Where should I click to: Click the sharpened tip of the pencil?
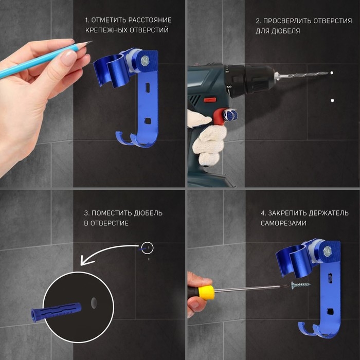(92, 41)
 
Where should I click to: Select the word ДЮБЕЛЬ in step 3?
(148, 213)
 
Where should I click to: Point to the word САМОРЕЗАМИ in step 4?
(283, 223)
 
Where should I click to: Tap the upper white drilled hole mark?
(332, 73)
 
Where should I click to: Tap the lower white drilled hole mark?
(332, 100)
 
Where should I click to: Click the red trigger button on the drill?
(210, 100)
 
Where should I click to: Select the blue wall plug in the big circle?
(56, 312)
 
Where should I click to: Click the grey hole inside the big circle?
(94, 303)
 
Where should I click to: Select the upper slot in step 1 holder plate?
(148, 87)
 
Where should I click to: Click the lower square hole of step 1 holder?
(148, 121)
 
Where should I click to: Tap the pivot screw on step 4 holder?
(327, 251)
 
